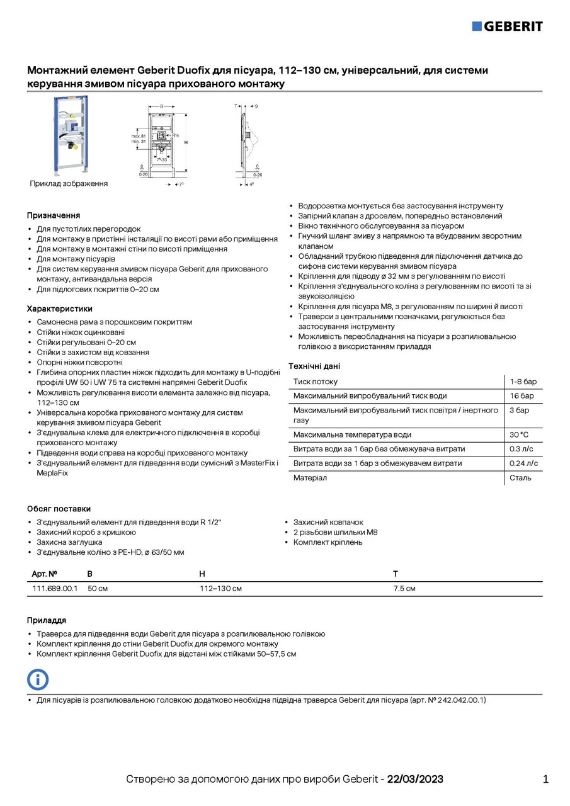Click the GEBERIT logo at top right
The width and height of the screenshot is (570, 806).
coord(507,26)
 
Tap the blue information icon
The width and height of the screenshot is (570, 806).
coord(38,679)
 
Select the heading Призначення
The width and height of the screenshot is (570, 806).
coord(54,215)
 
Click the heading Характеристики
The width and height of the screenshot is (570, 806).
coord(60,309)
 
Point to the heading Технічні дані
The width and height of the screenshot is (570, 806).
coord(314,366)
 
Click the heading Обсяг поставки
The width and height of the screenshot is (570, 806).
coord(59,508)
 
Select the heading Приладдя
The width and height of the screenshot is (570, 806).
coord(47,620)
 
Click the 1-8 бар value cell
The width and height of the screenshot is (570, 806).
coord(523,382)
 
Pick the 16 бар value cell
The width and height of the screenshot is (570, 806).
coord(522,396)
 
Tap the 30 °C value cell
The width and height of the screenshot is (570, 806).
coord(519,434)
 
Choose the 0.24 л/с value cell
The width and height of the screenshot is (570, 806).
coord(523,463)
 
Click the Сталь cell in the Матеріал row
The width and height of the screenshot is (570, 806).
coord(520,478)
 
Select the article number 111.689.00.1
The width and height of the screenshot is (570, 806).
coord(55,589)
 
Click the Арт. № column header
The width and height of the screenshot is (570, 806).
coord(45,574)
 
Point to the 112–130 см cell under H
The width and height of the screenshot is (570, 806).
coord(220,589)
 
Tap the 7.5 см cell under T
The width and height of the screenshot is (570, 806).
coord(404,589)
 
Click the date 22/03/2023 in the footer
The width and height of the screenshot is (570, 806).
coord(415,779)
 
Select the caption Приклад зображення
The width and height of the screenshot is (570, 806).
coord(69,183)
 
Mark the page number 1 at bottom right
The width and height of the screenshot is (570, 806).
coord(545,779)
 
